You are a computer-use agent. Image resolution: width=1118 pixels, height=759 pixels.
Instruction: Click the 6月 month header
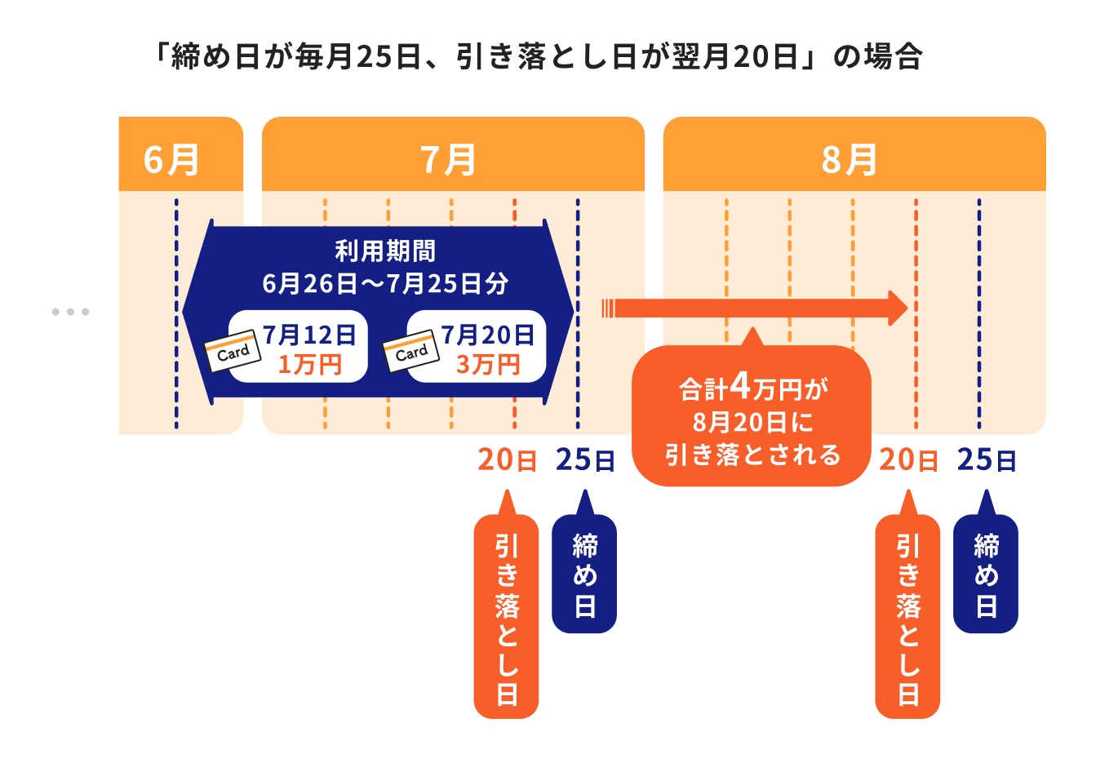pyautogui.click(x=172, y=159)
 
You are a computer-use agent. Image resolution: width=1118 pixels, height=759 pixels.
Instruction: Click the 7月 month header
pyautogui.click(x=449, y=159)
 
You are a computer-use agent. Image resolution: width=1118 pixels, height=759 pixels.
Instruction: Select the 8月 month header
pyautogui.click(x=850, y=159)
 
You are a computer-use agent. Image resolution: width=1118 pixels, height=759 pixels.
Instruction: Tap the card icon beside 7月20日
pyautogui.click(x=411, y=352)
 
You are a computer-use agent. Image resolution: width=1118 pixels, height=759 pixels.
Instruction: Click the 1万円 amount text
pyautogui.click(x=309, y=365)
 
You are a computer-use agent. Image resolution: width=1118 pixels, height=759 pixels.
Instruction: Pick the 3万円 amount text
pyautogui.click(x=488, y=365)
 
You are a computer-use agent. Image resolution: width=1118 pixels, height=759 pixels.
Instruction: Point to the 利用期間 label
pyautogui.click(x=384, y=251)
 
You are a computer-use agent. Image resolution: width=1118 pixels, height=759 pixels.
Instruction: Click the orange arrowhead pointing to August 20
pyautogui.click(x=897, y=308)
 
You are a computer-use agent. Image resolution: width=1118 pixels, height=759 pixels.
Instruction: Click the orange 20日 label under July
pyautogui.click(x=507, y=460)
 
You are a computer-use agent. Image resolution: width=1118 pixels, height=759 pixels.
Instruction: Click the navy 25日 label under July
pyautogui.click(x=584, y=460)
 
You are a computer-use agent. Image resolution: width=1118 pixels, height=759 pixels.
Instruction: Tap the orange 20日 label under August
pyautogui.click(x=907, y=460)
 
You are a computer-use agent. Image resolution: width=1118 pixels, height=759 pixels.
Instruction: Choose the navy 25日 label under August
pyautogui.click(x=986, y=460)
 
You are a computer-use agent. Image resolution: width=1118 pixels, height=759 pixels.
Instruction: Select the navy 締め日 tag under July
pyautogui.click(x=584, y=575)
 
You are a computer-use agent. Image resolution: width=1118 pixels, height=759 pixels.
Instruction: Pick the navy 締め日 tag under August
pyautogui.click(x=986, y=575)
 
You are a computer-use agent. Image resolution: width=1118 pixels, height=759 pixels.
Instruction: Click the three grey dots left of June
pyautogui.click(x=70, y=312)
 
